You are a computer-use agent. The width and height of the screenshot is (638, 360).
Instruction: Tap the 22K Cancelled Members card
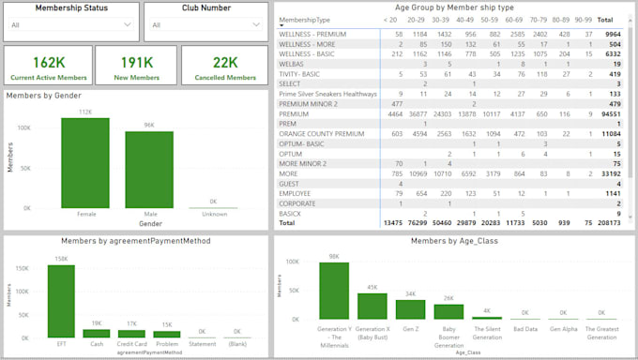click(x=226, y=67)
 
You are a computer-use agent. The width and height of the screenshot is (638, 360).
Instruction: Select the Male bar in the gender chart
click(x=149, y=169)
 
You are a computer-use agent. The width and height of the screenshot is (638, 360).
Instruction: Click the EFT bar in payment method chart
click(x=60, y=300)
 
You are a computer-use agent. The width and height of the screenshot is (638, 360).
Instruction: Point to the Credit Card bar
click(x=131, y=333)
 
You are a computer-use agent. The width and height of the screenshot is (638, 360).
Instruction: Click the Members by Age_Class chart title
click(x=454, y=240)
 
